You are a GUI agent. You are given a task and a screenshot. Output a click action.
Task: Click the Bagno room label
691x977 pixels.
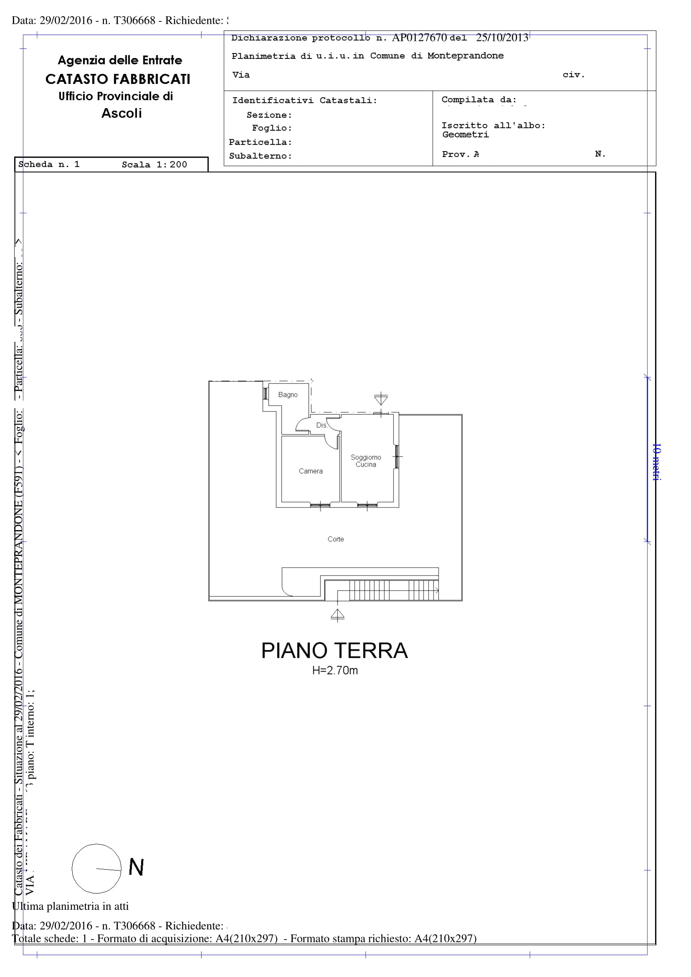(287, 395)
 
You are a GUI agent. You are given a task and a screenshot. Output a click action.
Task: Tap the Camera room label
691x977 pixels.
(310, 471)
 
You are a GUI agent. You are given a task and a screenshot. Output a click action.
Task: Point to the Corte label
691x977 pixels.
(336, 539)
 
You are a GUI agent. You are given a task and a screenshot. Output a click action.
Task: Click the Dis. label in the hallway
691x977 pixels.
(321, 425)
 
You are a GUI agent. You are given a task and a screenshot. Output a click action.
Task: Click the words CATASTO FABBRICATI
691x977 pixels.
(118, 79)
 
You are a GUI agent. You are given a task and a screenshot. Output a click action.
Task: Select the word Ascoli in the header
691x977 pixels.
(121, 113)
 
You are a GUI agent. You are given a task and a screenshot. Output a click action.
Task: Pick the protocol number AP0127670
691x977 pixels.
(419, 38)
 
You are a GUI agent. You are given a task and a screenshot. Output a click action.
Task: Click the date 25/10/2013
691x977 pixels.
(502, 38)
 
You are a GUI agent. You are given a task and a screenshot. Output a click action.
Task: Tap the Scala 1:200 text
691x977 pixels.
(154, 165)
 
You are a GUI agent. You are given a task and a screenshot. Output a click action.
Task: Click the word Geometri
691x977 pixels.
(466, 135)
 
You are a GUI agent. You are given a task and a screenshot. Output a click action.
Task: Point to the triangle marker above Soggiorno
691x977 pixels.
(381, 399)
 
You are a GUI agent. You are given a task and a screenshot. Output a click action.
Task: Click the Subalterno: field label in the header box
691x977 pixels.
(260, 156)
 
